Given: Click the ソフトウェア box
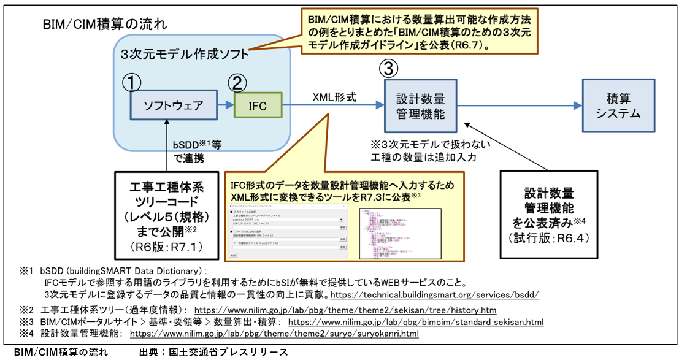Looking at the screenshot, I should tap(174, 105).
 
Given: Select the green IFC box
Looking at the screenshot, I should tap(258, 105).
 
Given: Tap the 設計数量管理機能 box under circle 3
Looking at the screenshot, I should tap(420, 105).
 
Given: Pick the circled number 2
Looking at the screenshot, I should tap(239, 82).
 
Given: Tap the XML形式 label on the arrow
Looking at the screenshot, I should tap(334, 96).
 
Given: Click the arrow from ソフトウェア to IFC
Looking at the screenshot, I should tap(225, 105).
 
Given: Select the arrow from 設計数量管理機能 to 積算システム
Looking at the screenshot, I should tap(515, 105).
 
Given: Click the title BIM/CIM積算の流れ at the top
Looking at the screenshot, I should tap(105, 25).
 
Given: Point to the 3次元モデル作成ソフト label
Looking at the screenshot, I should tap(185, 54).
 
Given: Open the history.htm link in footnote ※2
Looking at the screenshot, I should tap(345, 310).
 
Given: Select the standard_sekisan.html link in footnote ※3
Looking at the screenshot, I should tap(415, 322).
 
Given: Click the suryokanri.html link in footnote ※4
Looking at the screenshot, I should tap(274, 334).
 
